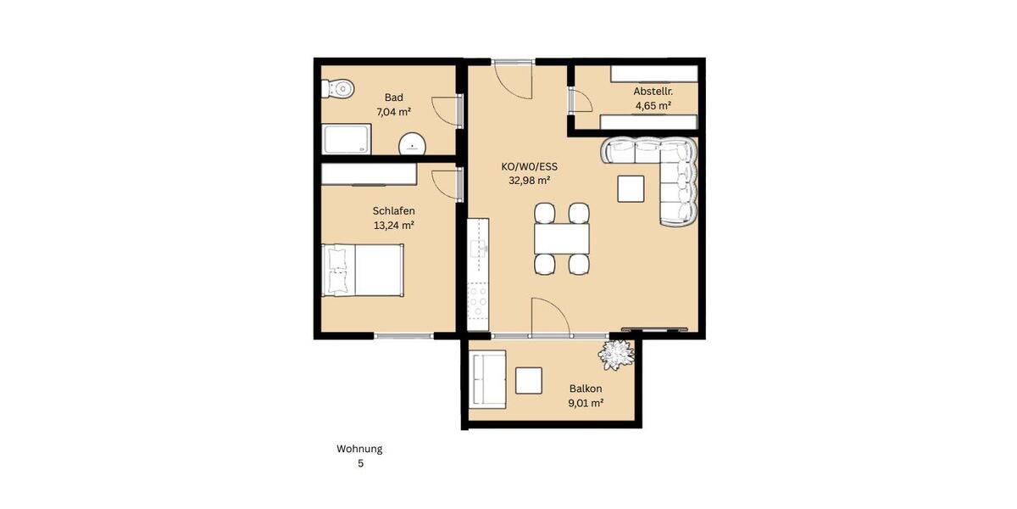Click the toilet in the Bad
pyautogui.click(x=338, y=88)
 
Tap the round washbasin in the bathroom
pyautogui.click(x=413, y=145)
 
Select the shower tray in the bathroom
pyautogui.click(x=346, y=139)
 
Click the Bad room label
pyautogui.click(x=393, y=98)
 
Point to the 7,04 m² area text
pyautogui.click(x=393, y=111)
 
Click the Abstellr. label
pyautogui.click(x=653, y=91)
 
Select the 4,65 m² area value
pyautogui.click(x=653, y=106)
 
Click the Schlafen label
pyautogui.click(x=393, y=211)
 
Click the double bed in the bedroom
pyautogui.click(x=363, y=270)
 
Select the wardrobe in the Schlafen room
pyautogui.click(x=369, y=174)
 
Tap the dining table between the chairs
pyautogui.click(x=561, y=238)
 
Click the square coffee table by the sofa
pyautogui.click(x=631, y=187)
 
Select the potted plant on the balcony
pyautogui.click(x=614, y=354)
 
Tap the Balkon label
pyautogui.click(x=586, y=389)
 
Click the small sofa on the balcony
pyautogui.click(x=488, y=379)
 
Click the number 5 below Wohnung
pyautogui.click(x=359, y=464)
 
